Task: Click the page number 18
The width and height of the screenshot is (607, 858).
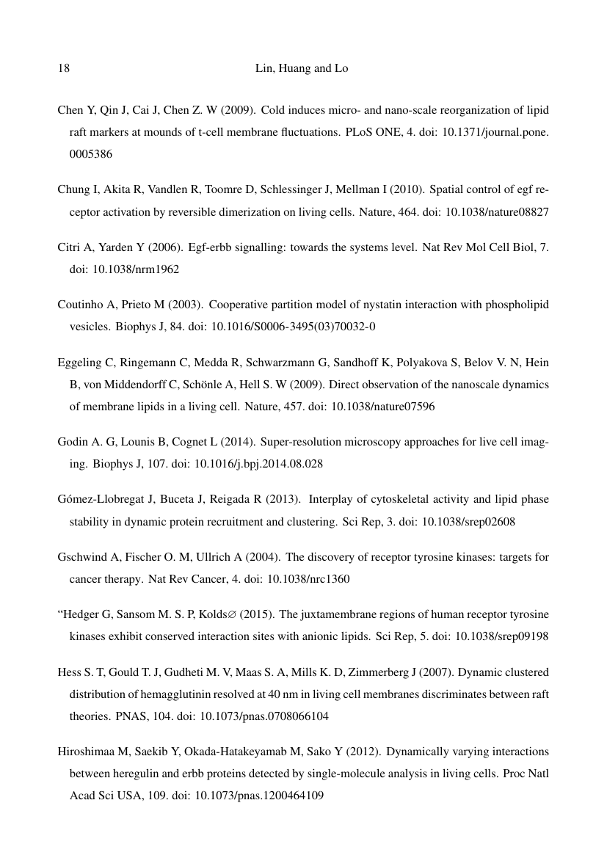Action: coord(63,69)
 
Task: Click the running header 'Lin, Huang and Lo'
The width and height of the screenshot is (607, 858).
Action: coord(302,69)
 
